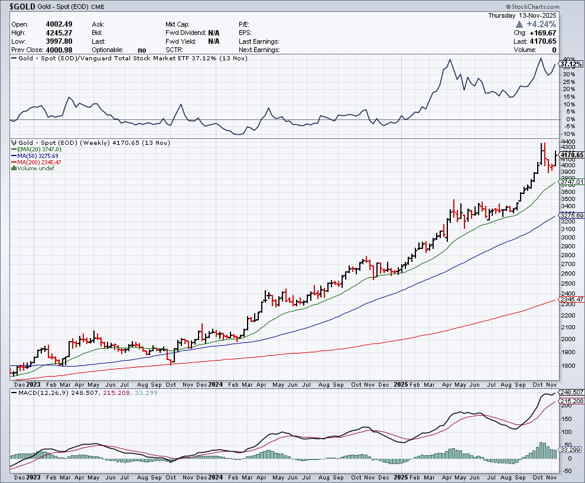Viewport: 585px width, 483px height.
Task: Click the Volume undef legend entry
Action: pos(34,168)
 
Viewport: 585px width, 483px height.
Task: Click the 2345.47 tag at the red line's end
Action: pos(571,300)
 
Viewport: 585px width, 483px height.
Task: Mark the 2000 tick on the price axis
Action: pos(567,339)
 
